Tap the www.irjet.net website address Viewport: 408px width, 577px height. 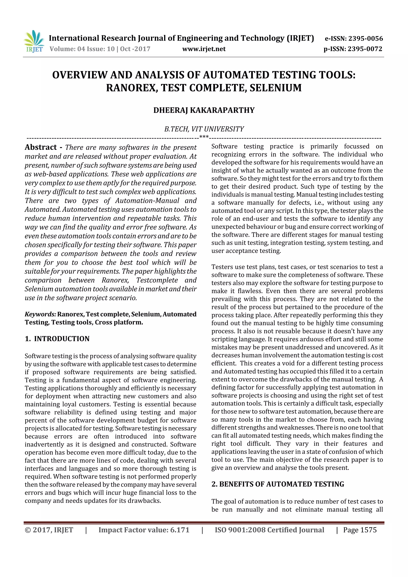pyautogui.click(x=204, y=49)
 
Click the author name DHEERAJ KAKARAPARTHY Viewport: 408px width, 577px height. pyautogui.click(x=204, y=110)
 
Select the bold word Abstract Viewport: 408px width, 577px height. pyautogui.click(x=41, y=147)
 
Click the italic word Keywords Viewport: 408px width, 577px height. pyautogui.click(x=40, y=314)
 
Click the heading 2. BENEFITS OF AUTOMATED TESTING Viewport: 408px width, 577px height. pyautogui.click(x=278, y=484)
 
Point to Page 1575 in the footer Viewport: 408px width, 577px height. pyautogui.click(x=360, y=530)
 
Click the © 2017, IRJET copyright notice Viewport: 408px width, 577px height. pyautogui.click(x=49, y=530)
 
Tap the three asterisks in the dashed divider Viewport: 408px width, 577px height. pyautogui.click(x=204, y=137)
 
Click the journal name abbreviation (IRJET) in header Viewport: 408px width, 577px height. pyautogui.click(x=300, y=38)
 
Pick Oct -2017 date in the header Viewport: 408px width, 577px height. pyautogui.click(x=135, y=49)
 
